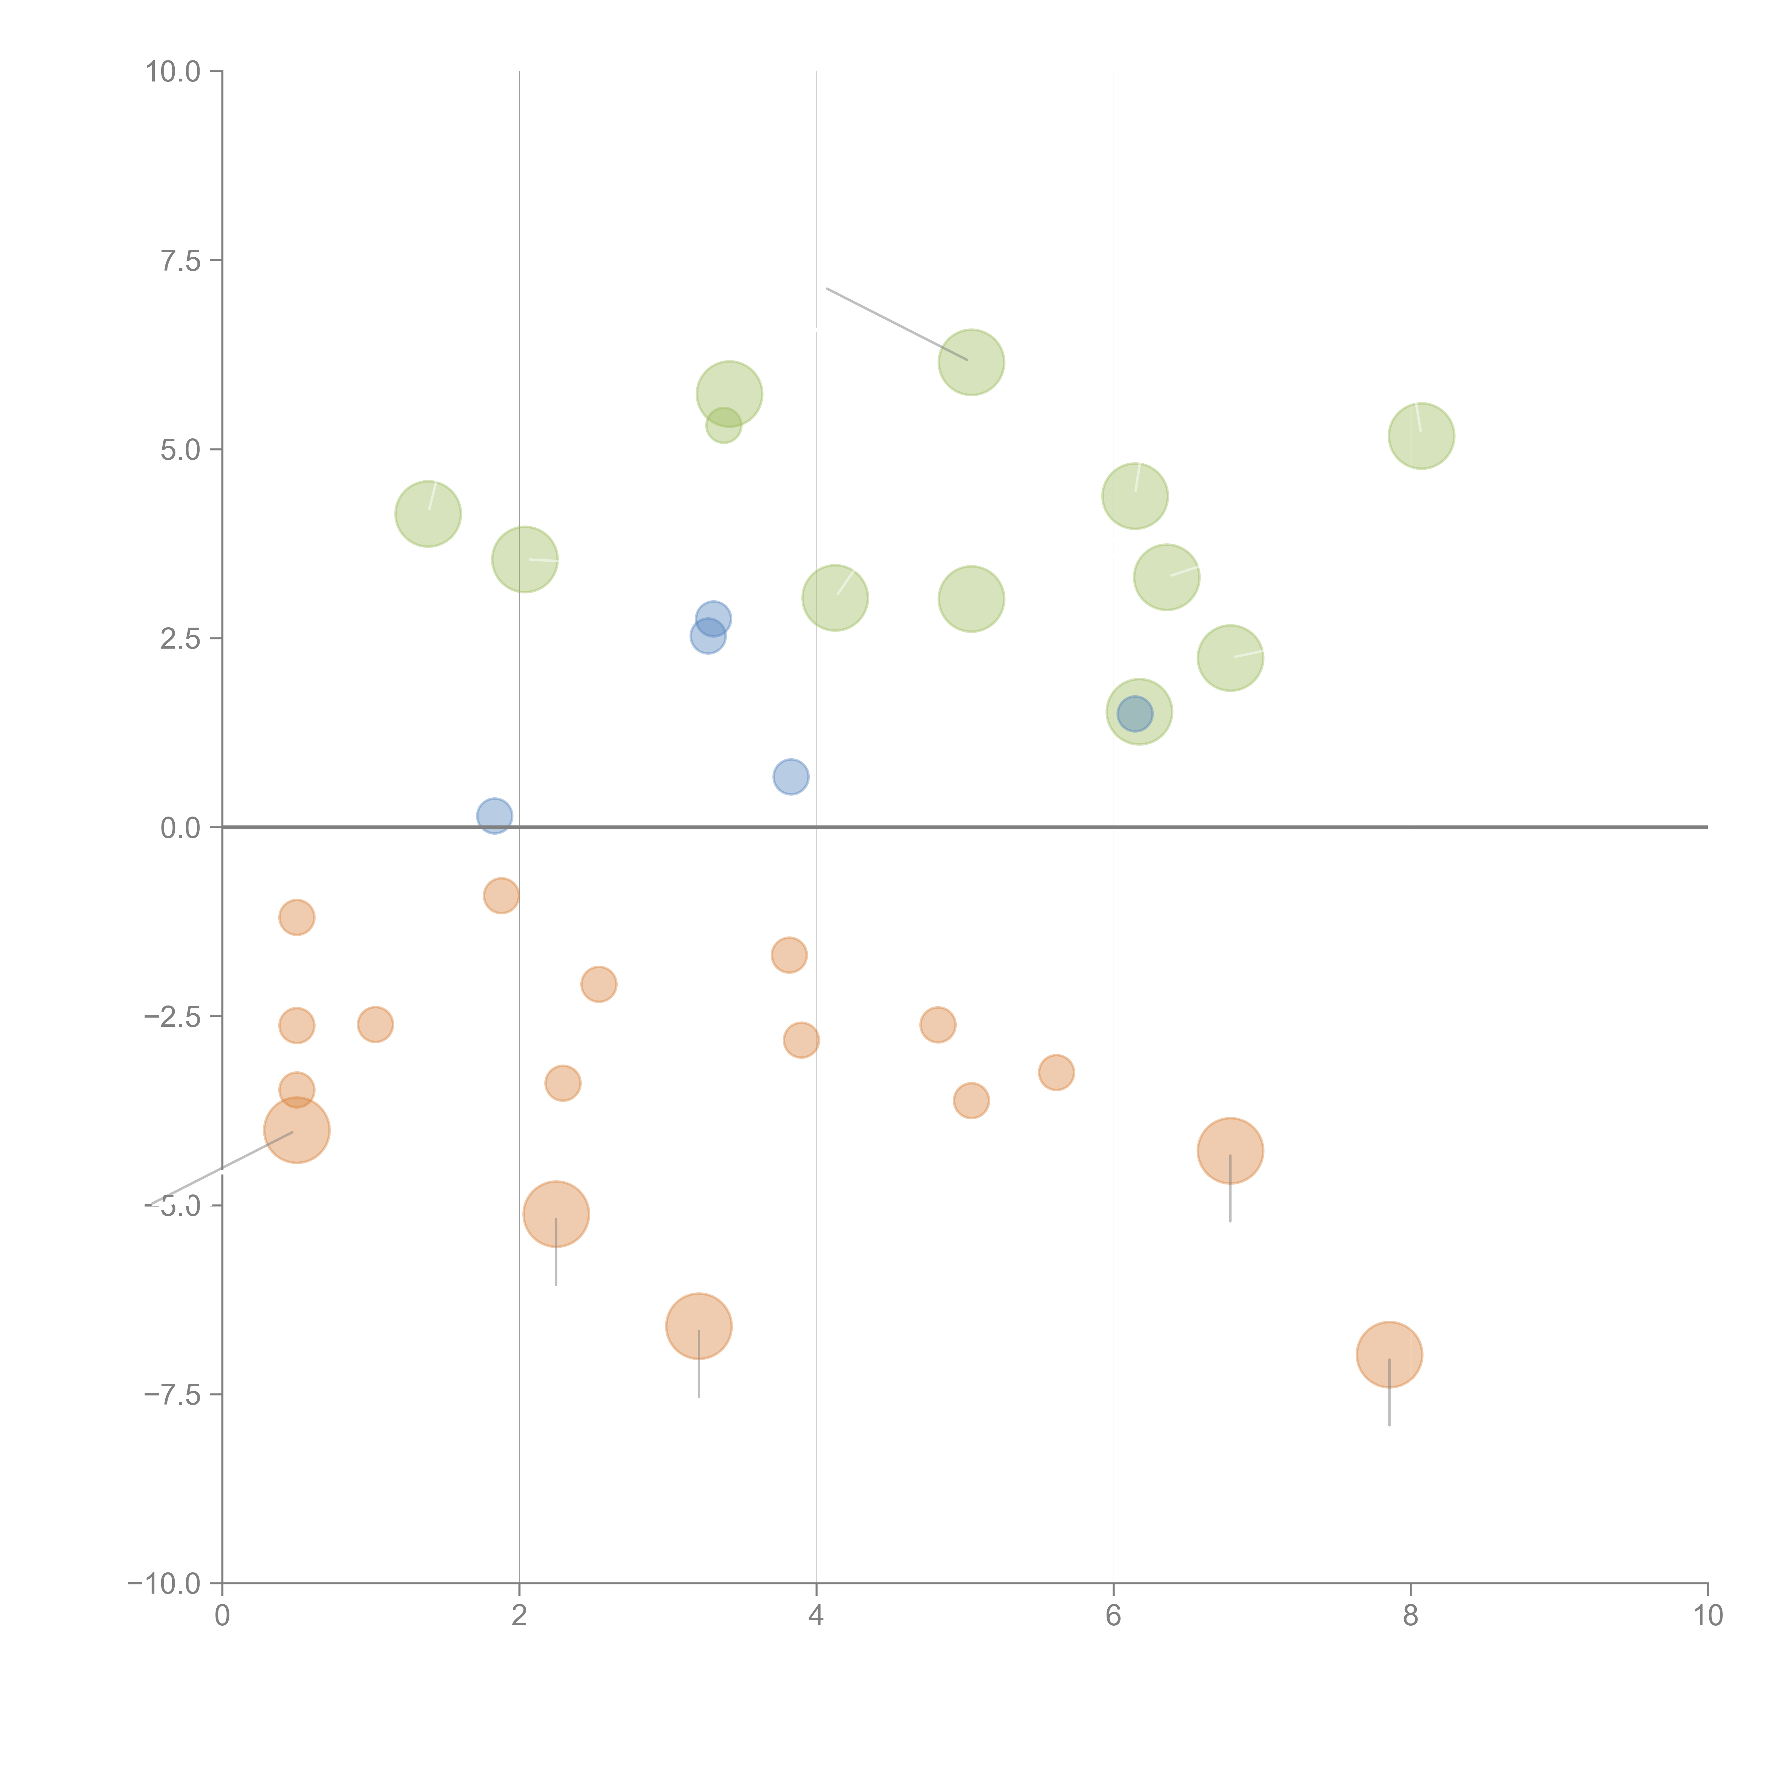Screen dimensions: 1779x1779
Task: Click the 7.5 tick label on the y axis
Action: click(x=180, y=260)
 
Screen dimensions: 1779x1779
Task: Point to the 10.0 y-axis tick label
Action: click(x=173, y=72)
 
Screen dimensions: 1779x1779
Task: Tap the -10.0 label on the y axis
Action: click(x=164, y=1584)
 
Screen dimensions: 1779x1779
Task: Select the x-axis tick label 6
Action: click(x=1113, y=1616)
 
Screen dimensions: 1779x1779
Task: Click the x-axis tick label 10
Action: click(x=1707, y=1616)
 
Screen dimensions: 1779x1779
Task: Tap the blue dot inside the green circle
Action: click(x=1134, y=714)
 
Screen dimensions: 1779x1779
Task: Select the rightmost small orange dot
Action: click(x=1056, y=1072)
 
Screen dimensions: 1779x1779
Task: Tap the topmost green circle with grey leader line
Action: click(x=971, y=362)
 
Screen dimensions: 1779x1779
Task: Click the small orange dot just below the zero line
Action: click(x=501, y=895)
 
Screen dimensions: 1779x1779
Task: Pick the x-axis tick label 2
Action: click(x=519, y=1616)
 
